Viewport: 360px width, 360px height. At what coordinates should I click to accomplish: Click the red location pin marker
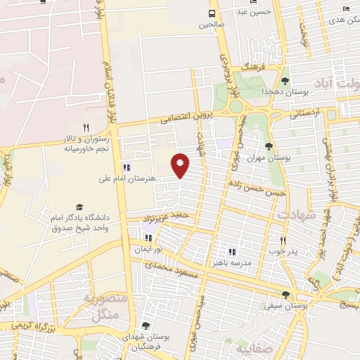(x=181, y=164)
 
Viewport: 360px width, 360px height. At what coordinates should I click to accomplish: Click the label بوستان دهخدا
(x=262, y=91)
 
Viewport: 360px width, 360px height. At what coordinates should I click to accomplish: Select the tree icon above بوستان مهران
(x=269, y=146)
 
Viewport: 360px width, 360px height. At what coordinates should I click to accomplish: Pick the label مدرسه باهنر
(x=231, y=262)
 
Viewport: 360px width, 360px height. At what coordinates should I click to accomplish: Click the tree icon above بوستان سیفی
(x=285, y=295)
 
